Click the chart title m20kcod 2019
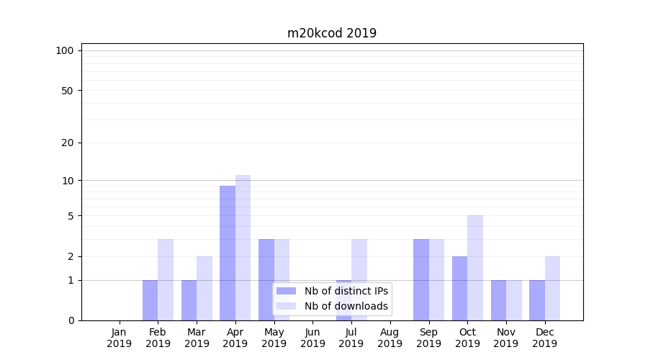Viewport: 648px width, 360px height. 332,33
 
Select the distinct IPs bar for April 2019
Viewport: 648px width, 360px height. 228,253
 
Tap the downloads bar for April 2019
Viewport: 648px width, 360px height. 243,248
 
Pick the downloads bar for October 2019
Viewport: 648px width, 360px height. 475,268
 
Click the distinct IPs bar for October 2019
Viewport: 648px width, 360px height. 459,288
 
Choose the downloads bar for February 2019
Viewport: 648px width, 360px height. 166,279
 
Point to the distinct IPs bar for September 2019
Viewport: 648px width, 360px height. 420,279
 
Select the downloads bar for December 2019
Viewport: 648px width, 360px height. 552,288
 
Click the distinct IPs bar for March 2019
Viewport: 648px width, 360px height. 189,300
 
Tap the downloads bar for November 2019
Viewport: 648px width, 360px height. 513,300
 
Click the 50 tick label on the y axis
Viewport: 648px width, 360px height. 68,91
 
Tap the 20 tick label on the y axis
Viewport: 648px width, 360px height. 68,143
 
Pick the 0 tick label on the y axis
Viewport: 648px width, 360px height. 71,320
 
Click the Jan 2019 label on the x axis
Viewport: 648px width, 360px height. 120,338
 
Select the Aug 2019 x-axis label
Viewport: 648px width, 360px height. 390,338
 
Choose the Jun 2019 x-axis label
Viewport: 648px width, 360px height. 312,338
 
